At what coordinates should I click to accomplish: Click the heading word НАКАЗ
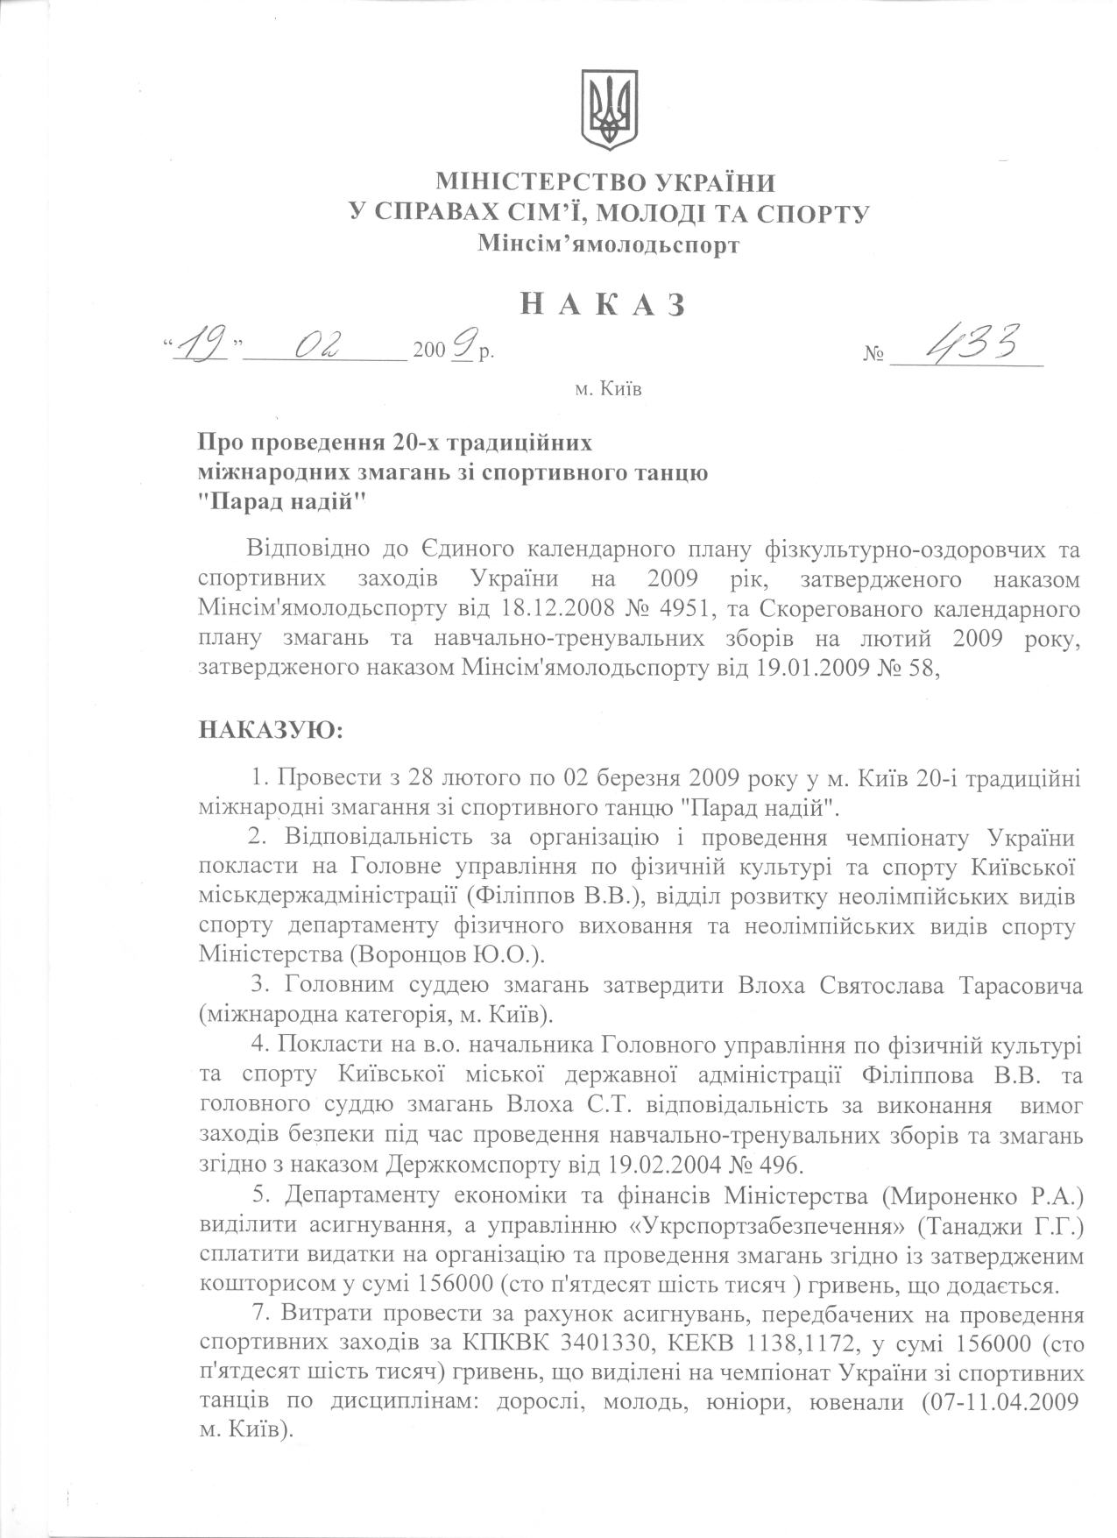tap(604, 303)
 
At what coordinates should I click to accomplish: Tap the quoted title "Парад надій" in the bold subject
tap(281, 503)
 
